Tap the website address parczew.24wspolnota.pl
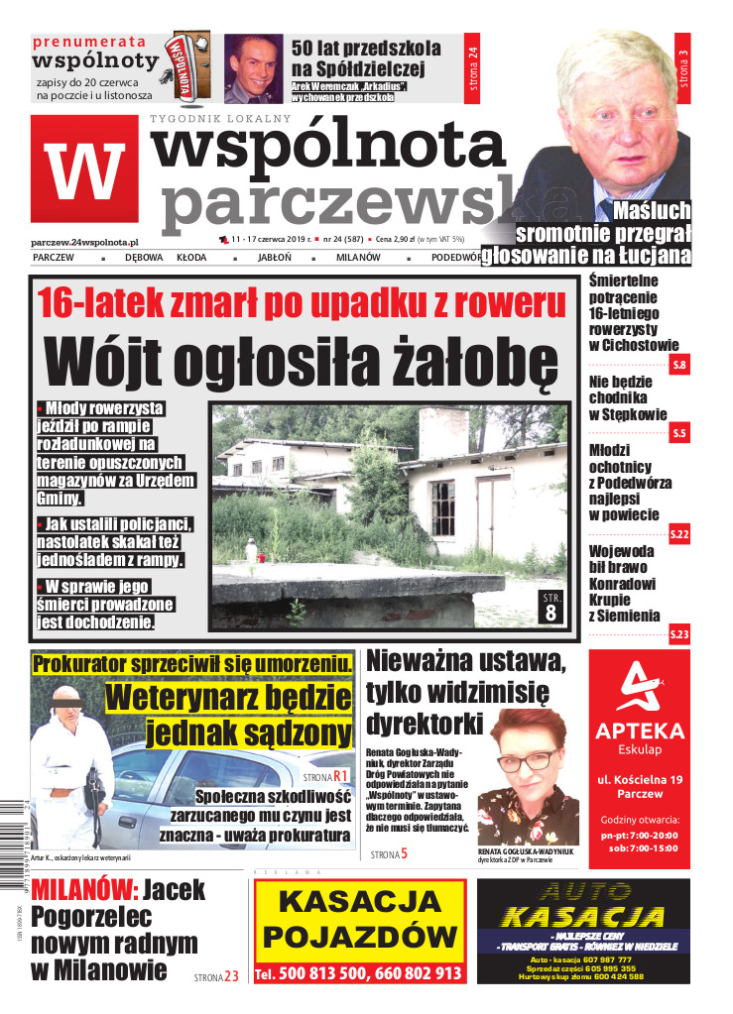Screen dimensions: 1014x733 click(x=84, y=241)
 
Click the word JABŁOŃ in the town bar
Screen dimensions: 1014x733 click(x=274, y=257)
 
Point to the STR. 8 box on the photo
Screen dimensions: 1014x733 click(x=551, y=607)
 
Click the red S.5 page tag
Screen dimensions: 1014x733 click(x=679, y=433)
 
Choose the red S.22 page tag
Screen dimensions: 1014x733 click(x=679, y=534)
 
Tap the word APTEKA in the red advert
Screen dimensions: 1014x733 click(x=640, y=732)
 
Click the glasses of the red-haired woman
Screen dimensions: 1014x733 click(x=529, y=759)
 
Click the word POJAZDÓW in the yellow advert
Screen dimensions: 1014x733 click(x=358, y=936)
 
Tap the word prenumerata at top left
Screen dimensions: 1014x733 click(x=89, y=42)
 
